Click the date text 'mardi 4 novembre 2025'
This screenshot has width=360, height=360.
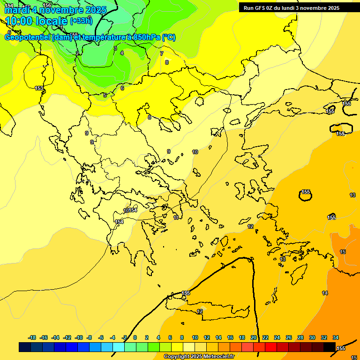(55, 10)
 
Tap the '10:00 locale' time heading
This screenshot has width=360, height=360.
(37, 21)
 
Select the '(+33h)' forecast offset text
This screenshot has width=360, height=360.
(81, 21)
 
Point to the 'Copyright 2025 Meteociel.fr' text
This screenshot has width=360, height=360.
(198, 357)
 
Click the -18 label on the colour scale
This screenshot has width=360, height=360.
(32, 337)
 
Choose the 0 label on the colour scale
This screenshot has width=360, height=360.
(135, 337)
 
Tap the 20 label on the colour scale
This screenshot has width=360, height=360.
(254, 337)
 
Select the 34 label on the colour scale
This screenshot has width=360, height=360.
(336, 337)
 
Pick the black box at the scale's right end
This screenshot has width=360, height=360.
(329, 347)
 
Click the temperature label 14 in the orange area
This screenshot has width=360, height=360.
(325, 293)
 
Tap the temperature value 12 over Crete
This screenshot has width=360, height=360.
(200, 312)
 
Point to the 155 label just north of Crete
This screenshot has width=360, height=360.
(186, 293)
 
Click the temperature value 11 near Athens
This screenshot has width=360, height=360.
(176, 217)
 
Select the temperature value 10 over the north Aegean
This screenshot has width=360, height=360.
(195, 152)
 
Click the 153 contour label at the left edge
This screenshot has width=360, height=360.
(39, 88)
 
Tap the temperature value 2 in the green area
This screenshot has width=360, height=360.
(77, 53)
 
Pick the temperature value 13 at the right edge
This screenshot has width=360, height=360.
(352, 195)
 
